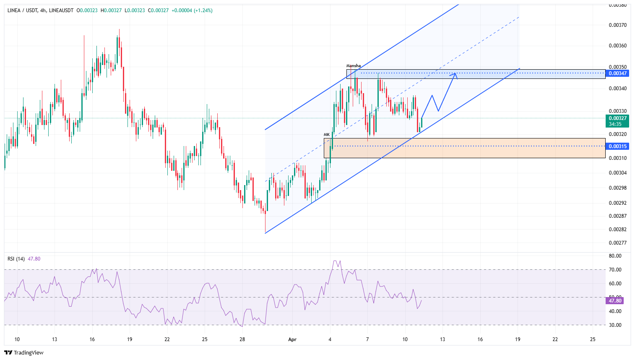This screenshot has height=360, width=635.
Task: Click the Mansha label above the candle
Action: [x=353, y=66]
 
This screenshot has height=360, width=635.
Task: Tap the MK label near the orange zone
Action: [x=326, y=135]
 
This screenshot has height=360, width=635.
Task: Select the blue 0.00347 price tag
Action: [x=618, y=73]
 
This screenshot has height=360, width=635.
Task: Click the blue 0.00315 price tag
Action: [x=618, y=146]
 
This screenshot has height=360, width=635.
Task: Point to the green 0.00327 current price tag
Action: [x=618, y=118]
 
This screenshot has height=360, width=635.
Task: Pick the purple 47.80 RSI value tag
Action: [x=615, y=301]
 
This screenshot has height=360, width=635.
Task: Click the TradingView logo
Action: [x=24, y=352]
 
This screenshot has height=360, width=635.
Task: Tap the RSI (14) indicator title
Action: [x=16, y=259]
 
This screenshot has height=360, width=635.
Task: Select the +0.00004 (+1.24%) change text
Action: [x=192, y=10]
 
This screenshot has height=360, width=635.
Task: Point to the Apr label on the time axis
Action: [x=292, y=339]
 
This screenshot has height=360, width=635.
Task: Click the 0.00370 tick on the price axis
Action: [x=617, y=25]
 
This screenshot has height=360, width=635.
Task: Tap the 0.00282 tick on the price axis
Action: [x=617, y=230]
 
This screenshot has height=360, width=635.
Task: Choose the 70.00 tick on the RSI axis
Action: [x=615, y=270]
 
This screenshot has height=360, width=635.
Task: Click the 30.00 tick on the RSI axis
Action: [x=615, y=325]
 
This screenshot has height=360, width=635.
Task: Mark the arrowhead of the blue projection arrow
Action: [x=455, y=75]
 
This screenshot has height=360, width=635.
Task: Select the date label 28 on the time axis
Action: [x=242, y=339]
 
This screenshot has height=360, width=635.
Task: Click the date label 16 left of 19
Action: [x=92, y=339]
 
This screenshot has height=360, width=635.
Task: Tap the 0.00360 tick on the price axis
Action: [x=617, y=46]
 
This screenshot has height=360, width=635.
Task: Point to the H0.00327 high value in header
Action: [x=111, y=10]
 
